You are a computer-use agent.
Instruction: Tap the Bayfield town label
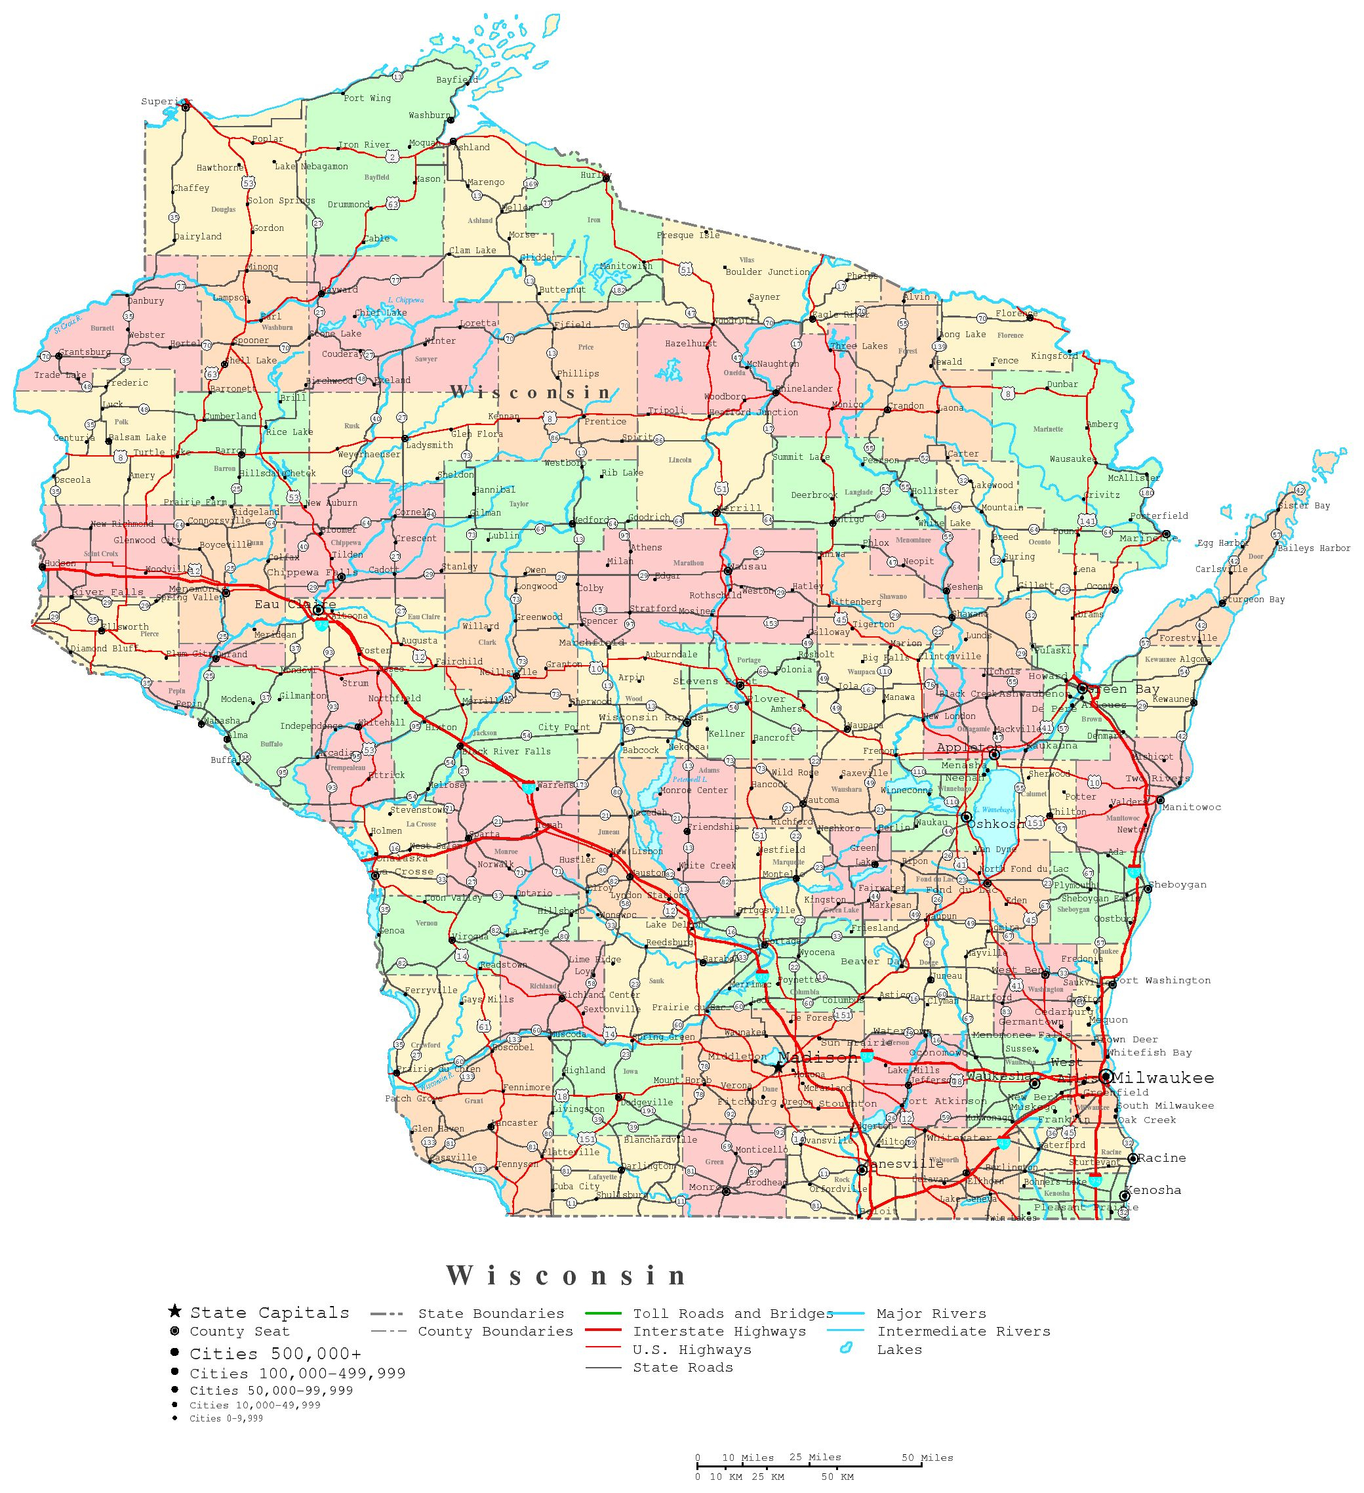coord(457,80)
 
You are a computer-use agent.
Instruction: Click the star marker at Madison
coord(778,1068)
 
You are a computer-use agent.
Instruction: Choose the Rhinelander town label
coord(803,388)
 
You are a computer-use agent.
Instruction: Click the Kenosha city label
coord(1152,1190)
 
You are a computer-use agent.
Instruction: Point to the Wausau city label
coord(747,567)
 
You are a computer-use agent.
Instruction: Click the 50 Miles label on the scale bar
coord(927,1458)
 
